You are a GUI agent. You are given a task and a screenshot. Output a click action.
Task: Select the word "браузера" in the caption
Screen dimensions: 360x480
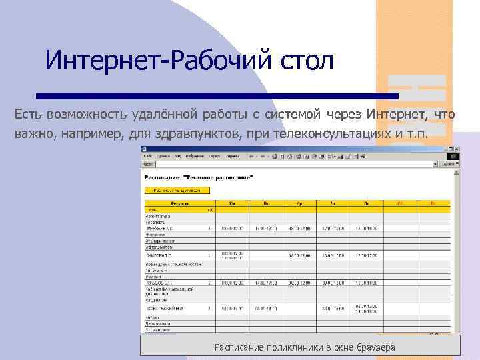coord(371,347)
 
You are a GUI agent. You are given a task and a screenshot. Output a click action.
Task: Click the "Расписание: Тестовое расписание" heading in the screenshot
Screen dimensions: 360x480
coord(198,178)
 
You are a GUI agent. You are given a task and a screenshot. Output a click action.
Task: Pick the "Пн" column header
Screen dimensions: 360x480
coord(232,203)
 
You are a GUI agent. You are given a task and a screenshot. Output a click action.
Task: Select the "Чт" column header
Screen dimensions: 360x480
coord(331,203)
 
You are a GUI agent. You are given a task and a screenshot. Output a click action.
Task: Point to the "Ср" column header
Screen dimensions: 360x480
coord(298,203)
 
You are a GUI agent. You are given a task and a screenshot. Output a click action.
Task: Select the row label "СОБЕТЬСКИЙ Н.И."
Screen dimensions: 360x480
coord(167,309)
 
